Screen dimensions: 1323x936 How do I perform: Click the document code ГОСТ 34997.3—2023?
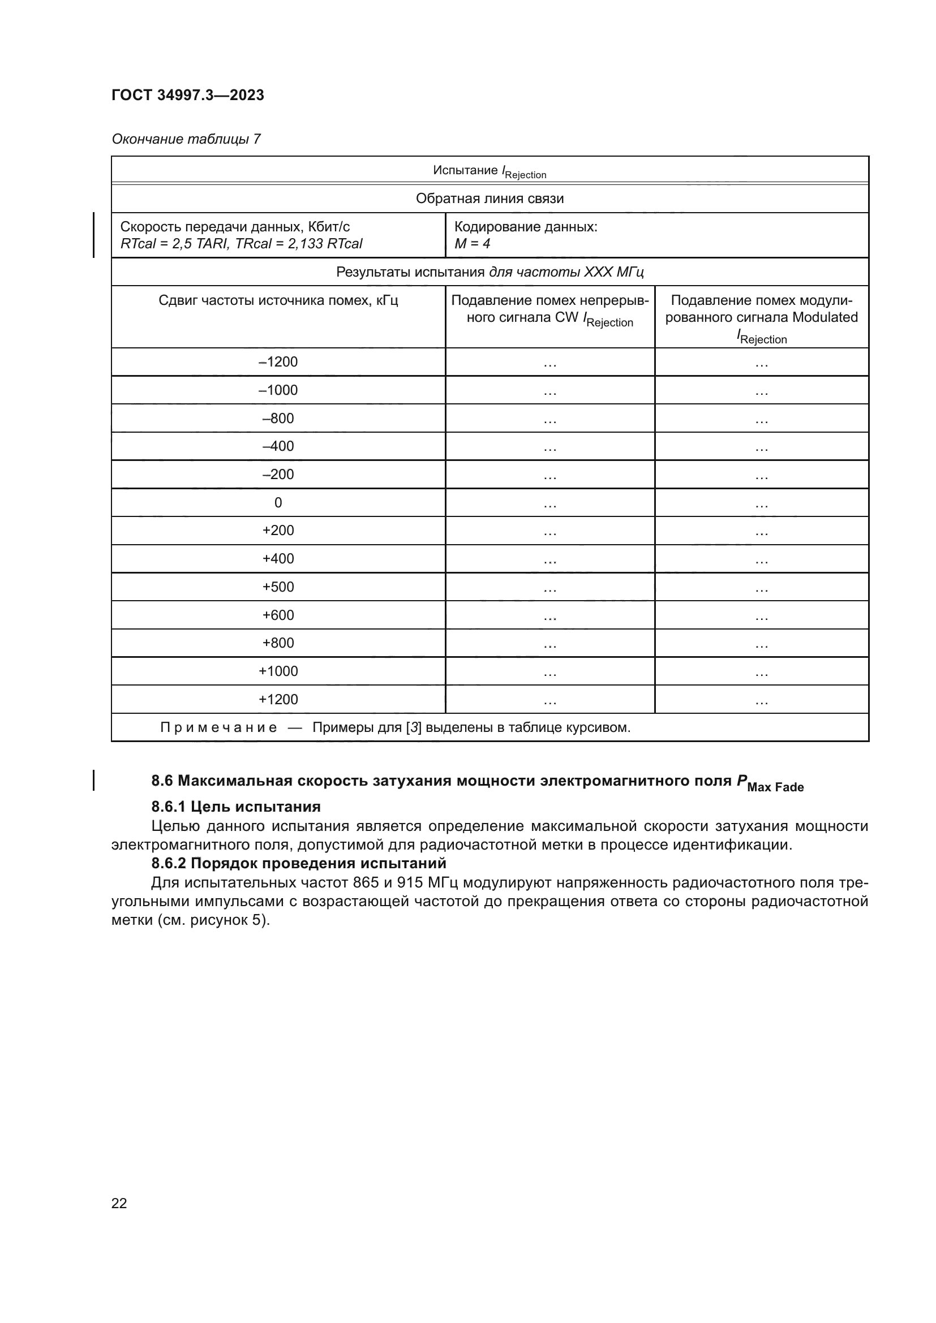pos(187,95)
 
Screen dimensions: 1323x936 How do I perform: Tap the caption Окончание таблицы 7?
pos(186,139)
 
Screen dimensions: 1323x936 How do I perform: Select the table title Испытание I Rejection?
pos(490,171)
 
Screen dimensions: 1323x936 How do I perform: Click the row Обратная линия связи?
pos(490,199)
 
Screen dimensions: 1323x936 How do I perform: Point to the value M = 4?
pos(472,244)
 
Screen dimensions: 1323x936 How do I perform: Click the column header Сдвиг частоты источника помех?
pos(278,301)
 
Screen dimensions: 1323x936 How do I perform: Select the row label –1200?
pos(278,362)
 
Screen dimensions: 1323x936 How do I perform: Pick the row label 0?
pos(278,503)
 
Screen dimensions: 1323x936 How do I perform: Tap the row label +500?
pos(278,587)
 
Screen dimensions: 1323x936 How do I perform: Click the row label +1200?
pos(278,700)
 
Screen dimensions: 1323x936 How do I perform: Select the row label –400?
pos(278,447)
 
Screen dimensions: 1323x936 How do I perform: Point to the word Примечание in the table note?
pos(218,728)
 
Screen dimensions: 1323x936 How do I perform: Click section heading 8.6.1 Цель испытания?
pos(236,807)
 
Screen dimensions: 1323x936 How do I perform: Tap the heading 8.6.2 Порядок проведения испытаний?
pos(299,863)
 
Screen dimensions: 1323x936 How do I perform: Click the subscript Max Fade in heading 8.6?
pos(775,787)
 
